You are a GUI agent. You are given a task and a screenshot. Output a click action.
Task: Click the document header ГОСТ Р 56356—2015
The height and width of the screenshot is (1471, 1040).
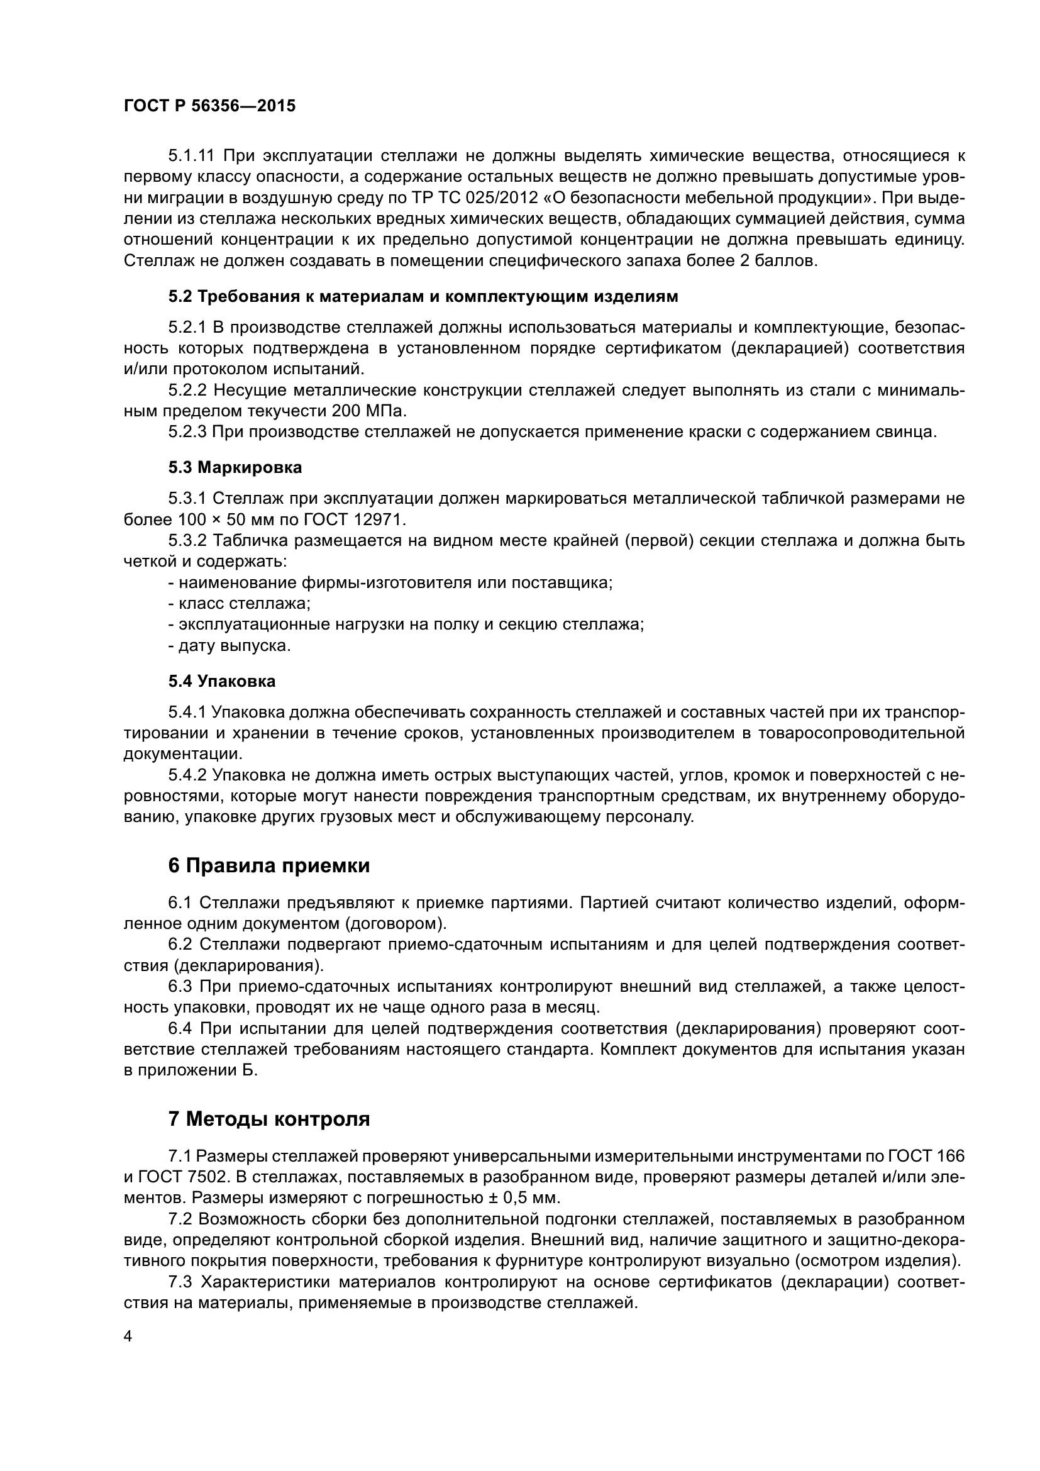pos(209,106)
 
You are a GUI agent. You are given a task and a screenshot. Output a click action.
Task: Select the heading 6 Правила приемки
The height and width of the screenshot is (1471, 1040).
pos(269,865)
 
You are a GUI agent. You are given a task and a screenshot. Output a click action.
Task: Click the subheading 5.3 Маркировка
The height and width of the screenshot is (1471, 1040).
pos(235,468)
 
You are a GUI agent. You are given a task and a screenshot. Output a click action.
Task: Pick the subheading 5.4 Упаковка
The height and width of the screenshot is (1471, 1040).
pos(221,681)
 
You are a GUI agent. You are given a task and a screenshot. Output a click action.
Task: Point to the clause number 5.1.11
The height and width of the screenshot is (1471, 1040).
pos(192,156)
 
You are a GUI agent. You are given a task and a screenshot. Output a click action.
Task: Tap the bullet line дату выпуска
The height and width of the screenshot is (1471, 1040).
pos(230,646)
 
